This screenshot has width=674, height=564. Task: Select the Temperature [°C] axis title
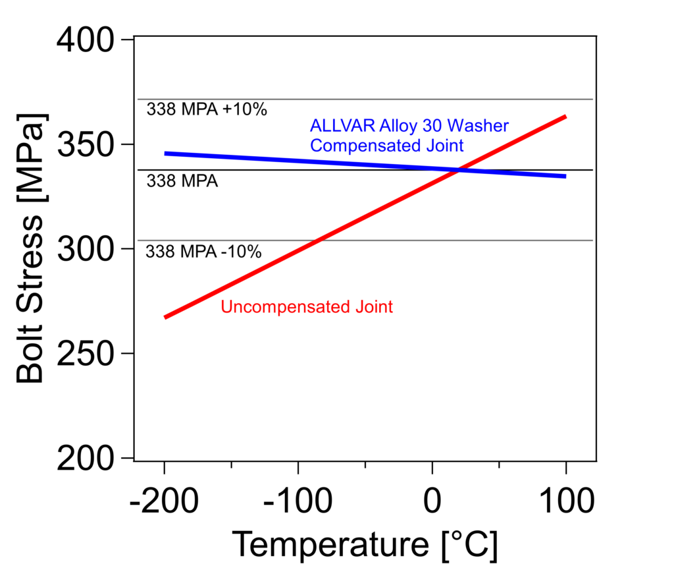click(x=365, y=544)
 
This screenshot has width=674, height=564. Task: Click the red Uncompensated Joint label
click(x=307, y=306)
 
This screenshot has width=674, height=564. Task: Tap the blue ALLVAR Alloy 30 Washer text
click(x=409, y=125)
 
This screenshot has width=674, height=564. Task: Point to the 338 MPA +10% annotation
click(x=207, y=109)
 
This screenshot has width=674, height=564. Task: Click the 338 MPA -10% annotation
click(x=203, y=251)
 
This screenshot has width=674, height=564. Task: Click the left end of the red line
click(x=165, y=317)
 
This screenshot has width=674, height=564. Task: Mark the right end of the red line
click(x=565, y=117)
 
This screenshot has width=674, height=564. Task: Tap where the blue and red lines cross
click(x=459, y=171)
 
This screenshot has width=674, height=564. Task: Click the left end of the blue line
click(x=165, y=154)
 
